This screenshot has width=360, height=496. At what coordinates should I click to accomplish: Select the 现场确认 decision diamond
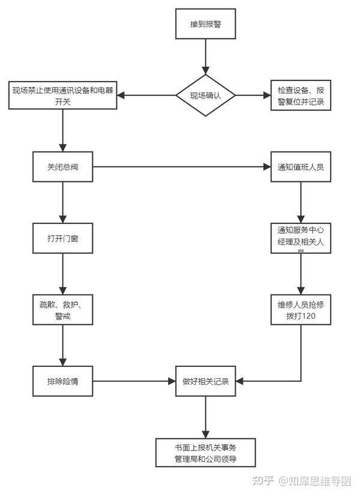[x=205, y=95]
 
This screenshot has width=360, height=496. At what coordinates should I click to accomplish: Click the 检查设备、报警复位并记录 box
[x=301, y=95]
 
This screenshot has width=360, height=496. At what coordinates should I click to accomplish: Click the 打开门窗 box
[x=63, y=238]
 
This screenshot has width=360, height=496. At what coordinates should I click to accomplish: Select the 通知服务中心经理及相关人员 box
[x=301, y=238]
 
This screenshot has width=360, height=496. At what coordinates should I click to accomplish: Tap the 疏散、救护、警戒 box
[x=63, y=310]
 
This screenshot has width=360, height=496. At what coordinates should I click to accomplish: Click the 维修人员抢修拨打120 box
[x=301, y=310]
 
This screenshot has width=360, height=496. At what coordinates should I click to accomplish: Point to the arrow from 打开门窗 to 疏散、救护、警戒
[x=63, y=274]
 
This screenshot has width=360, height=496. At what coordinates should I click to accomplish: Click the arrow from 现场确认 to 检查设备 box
[x=252, y=95]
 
